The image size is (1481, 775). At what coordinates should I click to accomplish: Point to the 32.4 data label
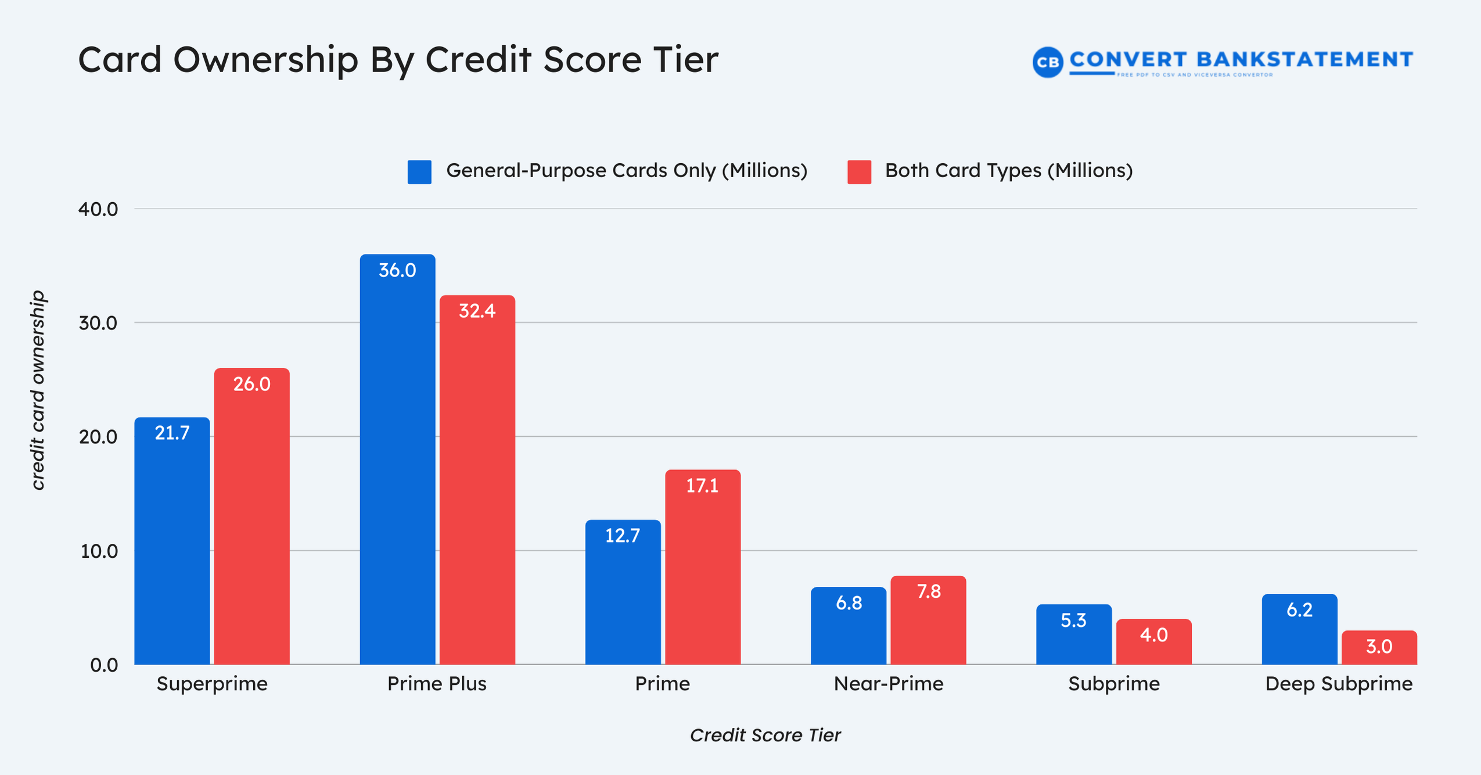pos(477,311)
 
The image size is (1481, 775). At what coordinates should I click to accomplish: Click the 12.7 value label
pos(622,536)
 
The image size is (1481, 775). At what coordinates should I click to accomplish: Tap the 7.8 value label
pos(928,591)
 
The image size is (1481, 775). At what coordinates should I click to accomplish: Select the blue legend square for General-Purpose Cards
pos(419,172)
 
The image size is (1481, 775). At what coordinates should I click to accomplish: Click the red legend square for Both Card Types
pos(858,172)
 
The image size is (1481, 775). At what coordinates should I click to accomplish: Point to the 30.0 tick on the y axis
pos(98,323)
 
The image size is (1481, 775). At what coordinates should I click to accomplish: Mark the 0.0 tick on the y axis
pos(104,665)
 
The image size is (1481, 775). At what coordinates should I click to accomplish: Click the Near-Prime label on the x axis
pos(888,684)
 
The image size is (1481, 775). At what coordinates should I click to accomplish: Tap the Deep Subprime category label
pos(1338,684)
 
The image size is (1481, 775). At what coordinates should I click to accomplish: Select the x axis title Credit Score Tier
pos(765,735)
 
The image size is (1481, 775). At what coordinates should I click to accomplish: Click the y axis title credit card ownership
pos(37,390)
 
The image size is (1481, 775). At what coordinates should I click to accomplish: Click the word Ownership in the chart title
pos(265,60)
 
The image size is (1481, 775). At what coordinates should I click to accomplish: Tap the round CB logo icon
pos(1047,62)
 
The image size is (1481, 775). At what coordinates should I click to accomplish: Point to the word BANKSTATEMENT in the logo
pos(1304,59)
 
